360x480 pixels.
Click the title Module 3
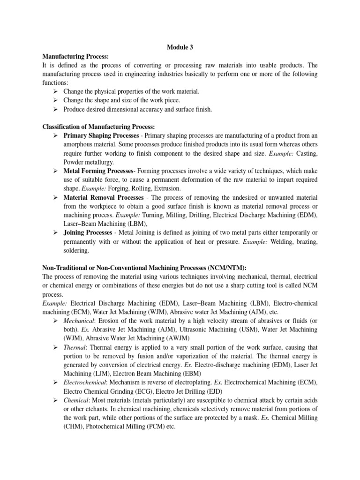coord(180,47)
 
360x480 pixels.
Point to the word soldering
coord(76,251)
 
